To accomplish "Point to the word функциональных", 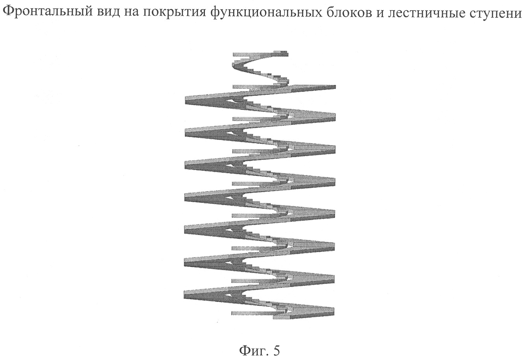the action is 266,12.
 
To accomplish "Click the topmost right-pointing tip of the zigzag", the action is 335,87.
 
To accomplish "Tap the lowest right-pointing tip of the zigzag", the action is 334,312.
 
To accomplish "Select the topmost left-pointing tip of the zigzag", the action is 185,100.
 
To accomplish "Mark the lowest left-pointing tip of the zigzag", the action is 184,295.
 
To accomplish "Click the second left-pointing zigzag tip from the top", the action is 185,133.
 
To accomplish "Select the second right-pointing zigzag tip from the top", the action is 335,117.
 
